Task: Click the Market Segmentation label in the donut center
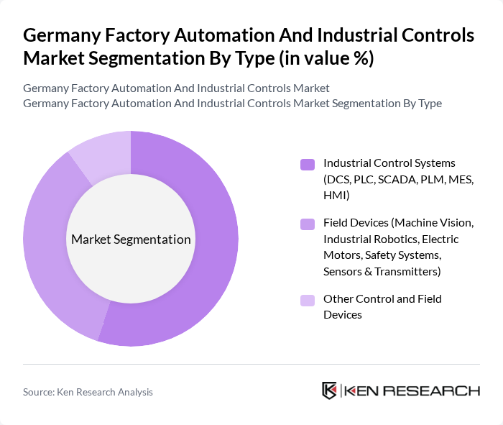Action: [x=131, y=239]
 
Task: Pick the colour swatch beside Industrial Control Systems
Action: [x=307, y=164]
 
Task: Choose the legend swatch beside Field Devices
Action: [x=307, y=224]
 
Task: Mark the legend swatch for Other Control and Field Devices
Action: [x=307, y=300]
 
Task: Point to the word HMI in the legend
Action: [x=335, y=194]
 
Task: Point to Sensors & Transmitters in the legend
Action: [x=382, y=271]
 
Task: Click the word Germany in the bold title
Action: [x=62, y=35]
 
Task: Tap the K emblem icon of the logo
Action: [x=330, y=390]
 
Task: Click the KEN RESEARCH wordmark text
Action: [x=412, y=390]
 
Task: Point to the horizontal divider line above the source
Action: [x=251, y=364]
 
